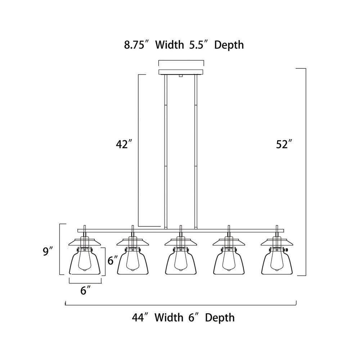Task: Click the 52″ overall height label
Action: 284,144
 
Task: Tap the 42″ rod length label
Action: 124,144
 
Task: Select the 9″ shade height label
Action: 48,251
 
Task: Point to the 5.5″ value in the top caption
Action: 199,45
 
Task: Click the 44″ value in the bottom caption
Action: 140,318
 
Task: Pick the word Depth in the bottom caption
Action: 220,318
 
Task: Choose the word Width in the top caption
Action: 170,45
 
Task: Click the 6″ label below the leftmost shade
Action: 85,291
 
